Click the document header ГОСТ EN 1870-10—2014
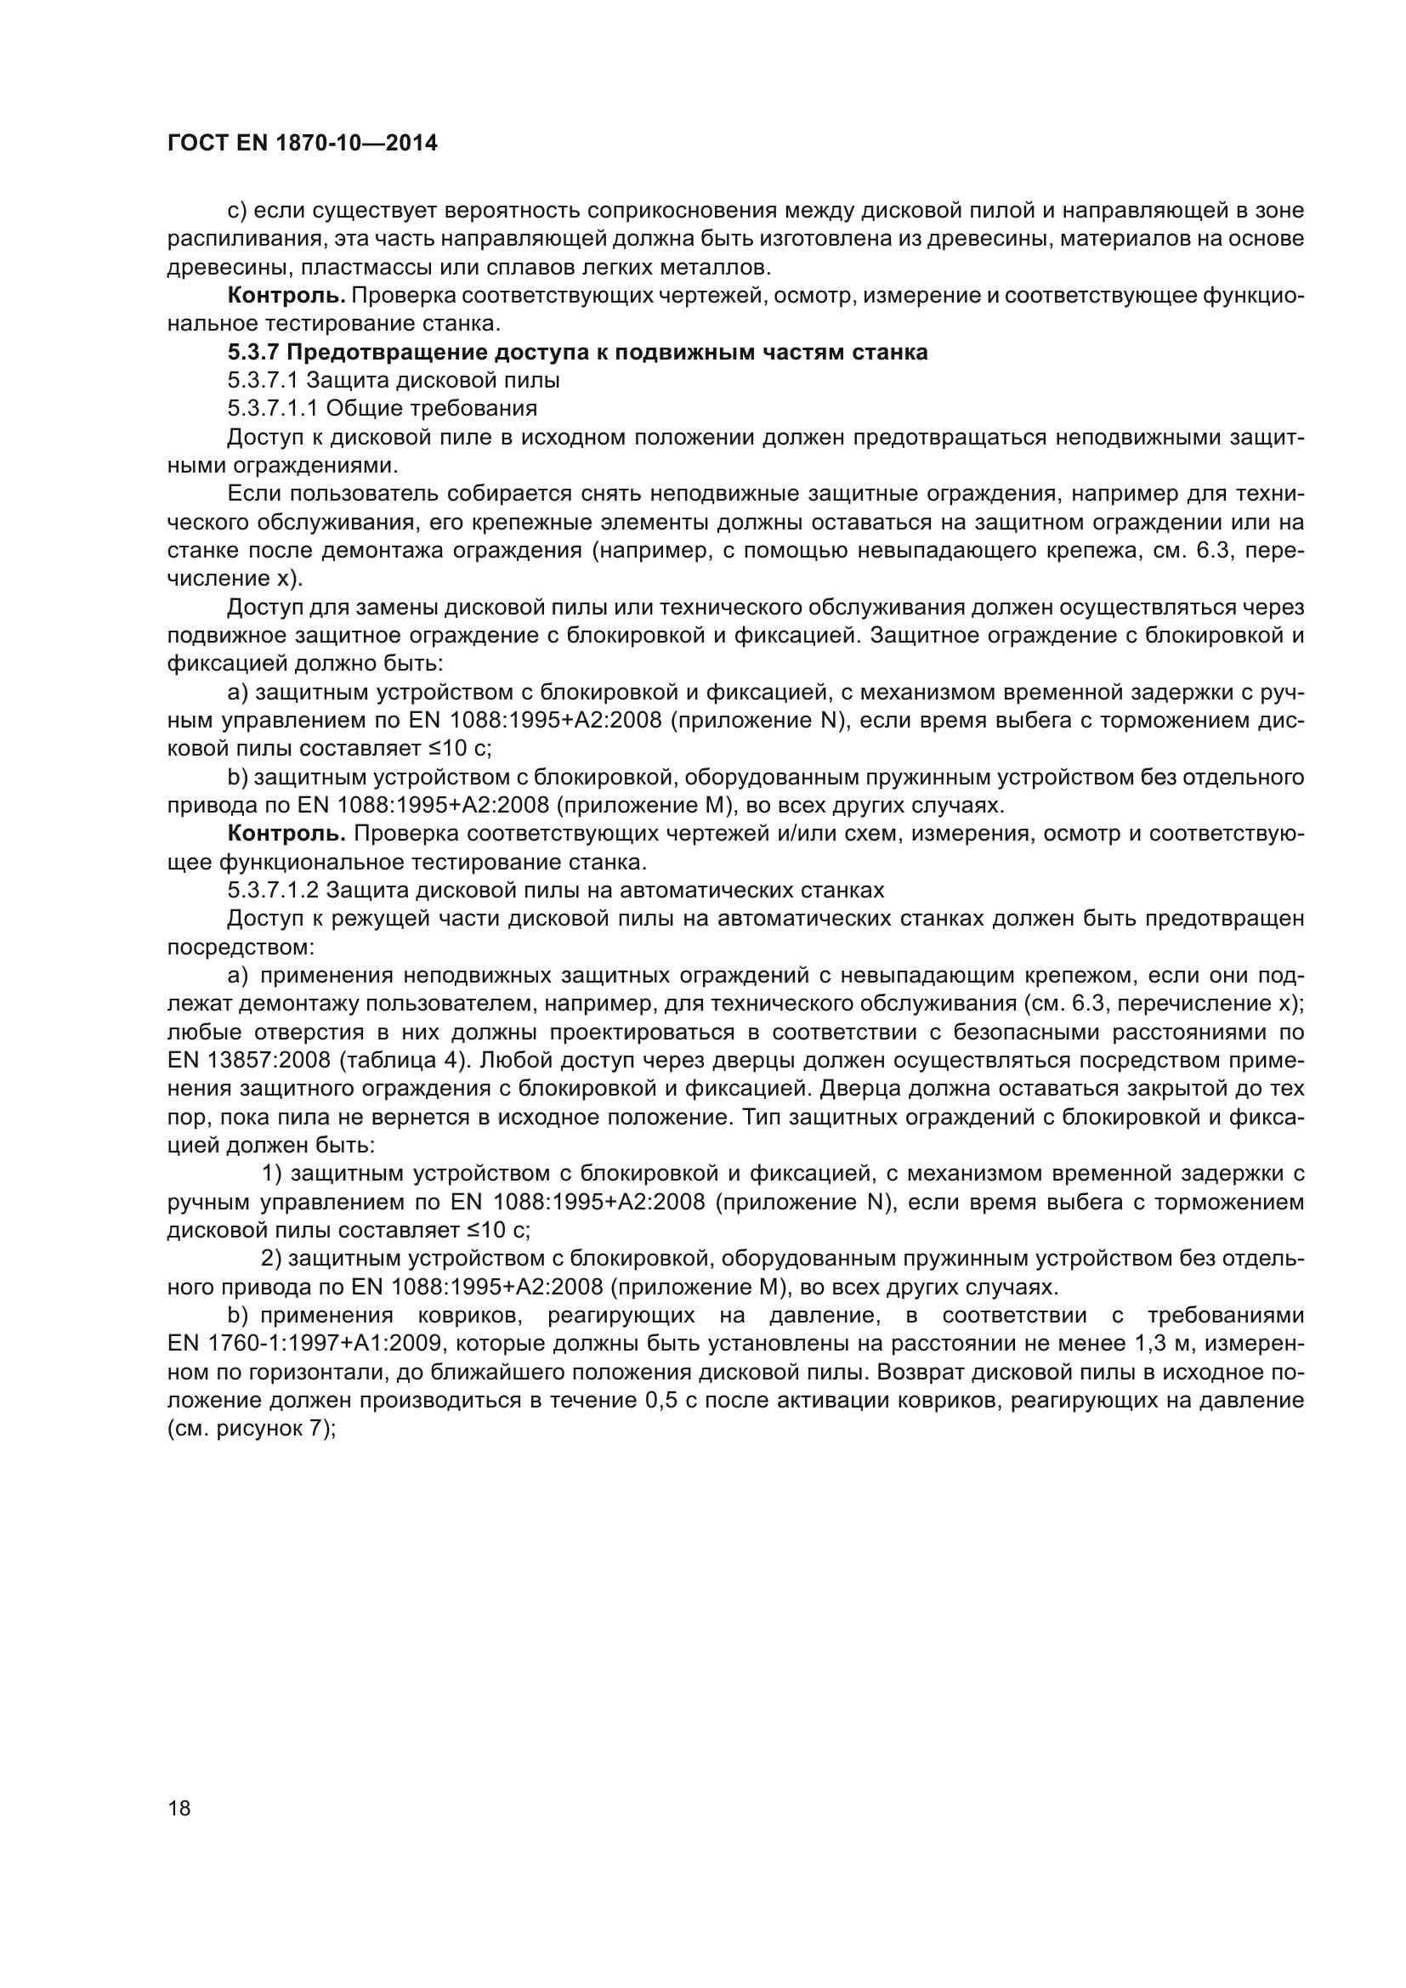[302, 144]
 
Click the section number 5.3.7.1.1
[273, 409]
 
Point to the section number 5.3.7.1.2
[273, 891]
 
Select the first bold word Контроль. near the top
[286, 296]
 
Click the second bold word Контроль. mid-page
[286, 834]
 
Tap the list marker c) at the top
[236, 211]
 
